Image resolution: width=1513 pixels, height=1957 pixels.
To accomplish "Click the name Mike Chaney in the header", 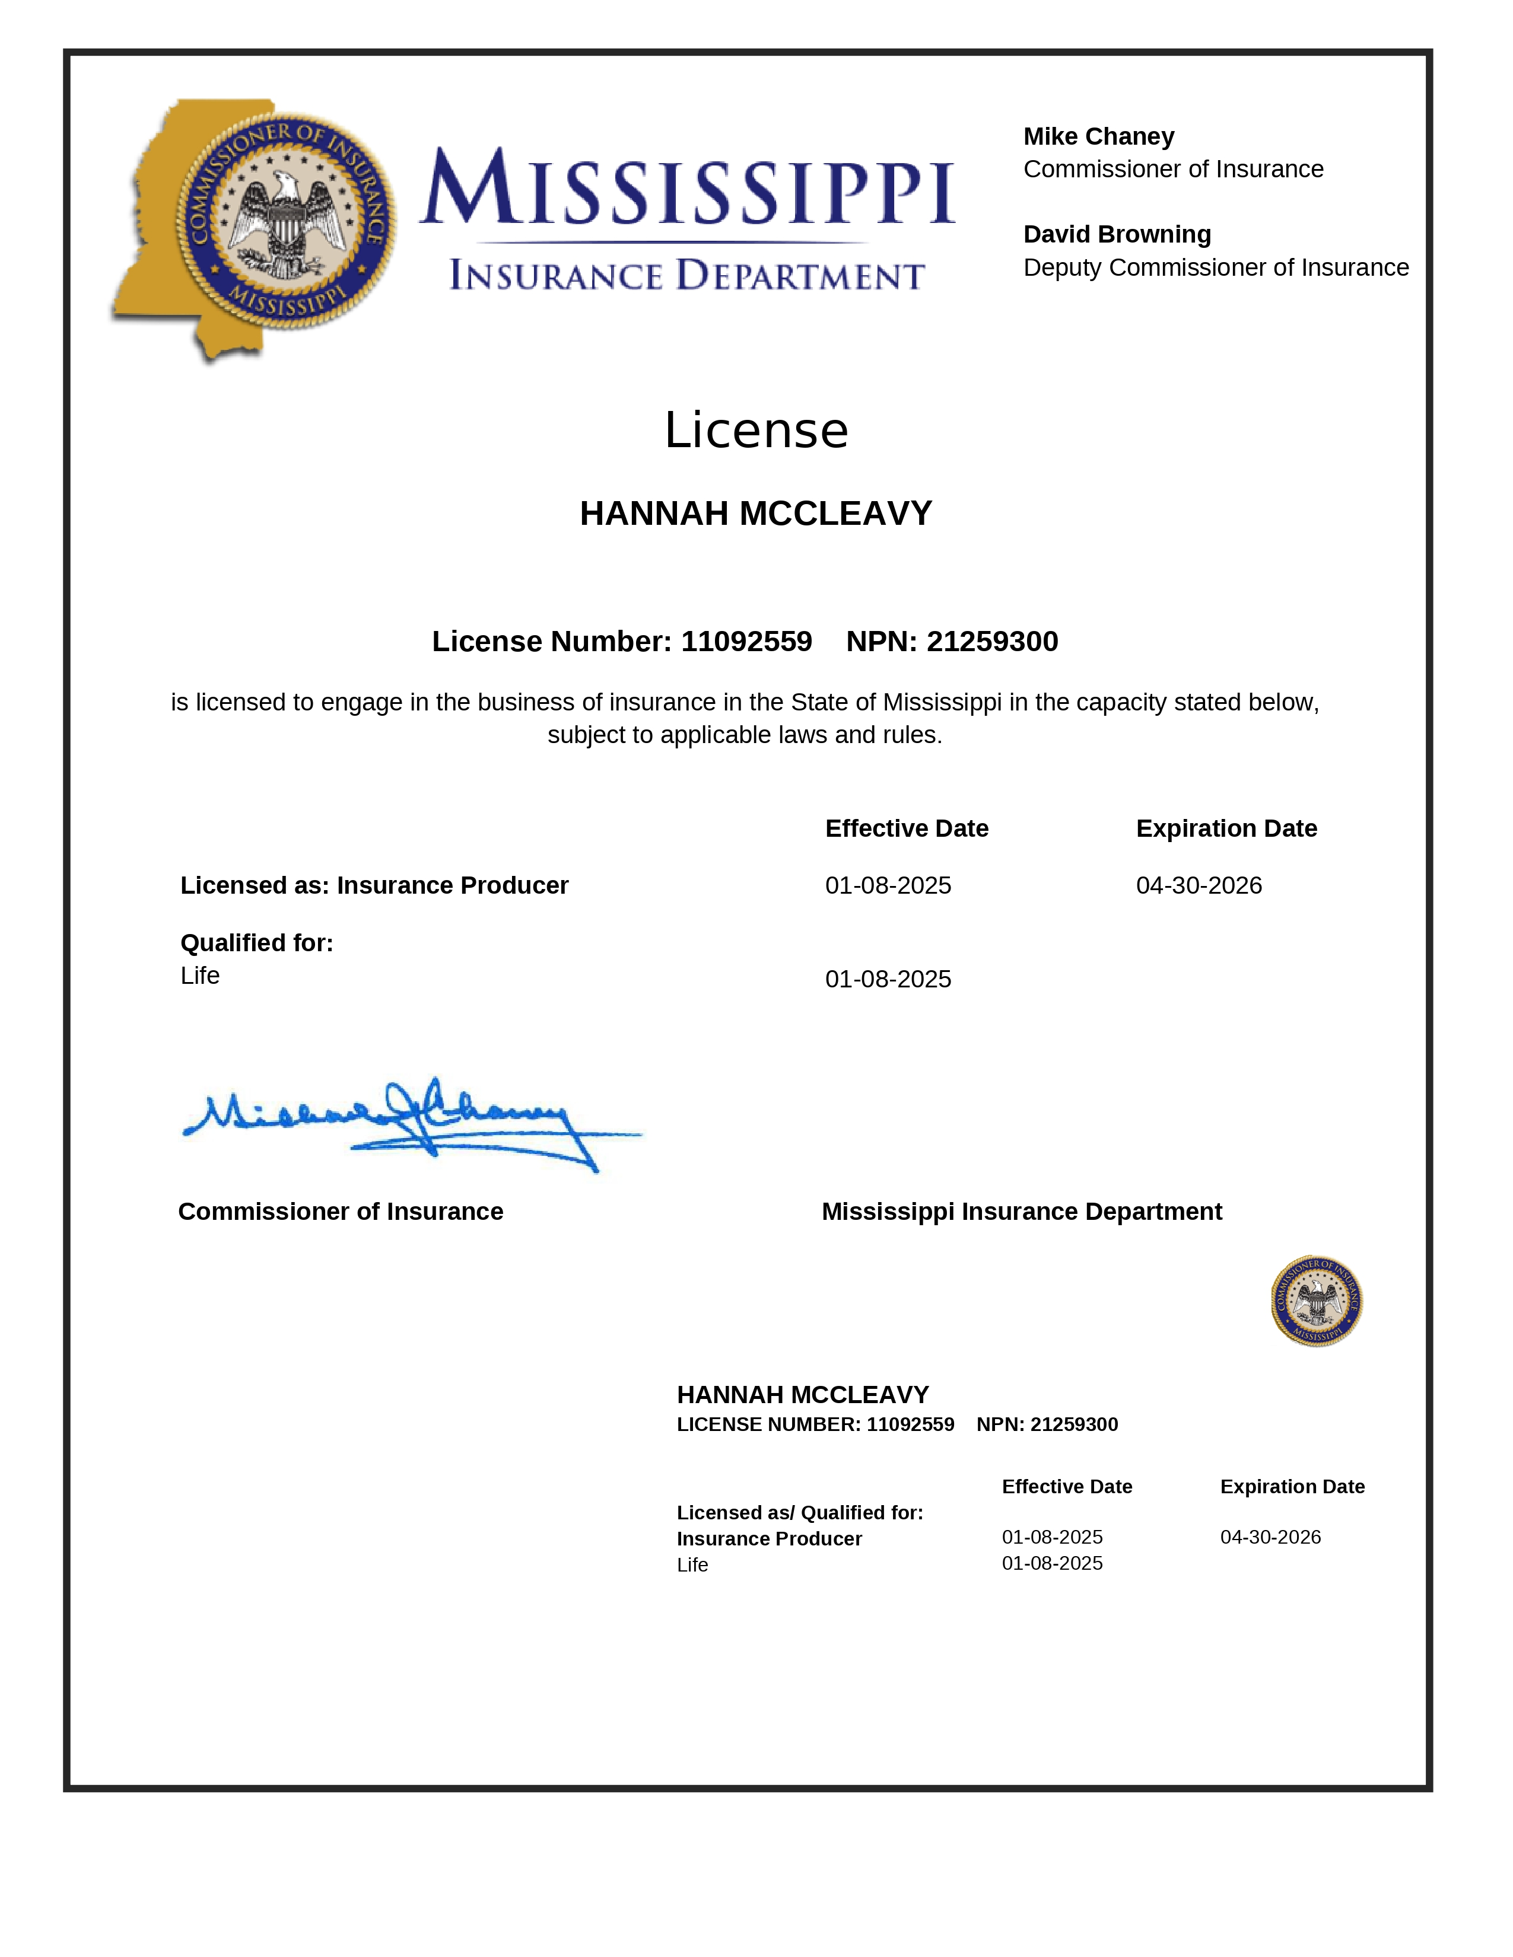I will pos(1098,136).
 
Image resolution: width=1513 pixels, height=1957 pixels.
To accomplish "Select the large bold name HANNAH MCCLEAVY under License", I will pos(755,514).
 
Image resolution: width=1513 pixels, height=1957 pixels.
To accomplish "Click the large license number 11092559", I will pos(746,642).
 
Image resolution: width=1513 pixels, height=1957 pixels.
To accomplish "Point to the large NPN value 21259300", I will pos(991,642).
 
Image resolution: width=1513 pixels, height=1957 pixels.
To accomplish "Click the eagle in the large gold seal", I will pos(286,221).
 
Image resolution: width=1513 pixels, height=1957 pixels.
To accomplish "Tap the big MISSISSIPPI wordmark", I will pos(688,188).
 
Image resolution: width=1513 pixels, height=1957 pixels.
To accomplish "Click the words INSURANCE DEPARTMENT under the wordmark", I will pos(686,275).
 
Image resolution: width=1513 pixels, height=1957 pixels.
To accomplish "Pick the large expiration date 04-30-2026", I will pos(1199,885).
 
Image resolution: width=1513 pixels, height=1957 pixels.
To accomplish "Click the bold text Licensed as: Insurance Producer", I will pos(374,885).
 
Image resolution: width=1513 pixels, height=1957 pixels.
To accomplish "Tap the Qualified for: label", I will pos(256,943).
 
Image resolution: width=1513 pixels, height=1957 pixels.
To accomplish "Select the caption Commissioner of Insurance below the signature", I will pos(341,1212).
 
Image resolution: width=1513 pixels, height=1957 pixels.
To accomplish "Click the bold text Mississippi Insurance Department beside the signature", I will pos(1022,1212).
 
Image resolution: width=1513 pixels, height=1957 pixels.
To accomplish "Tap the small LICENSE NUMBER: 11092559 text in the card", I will pos(815,1424).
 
